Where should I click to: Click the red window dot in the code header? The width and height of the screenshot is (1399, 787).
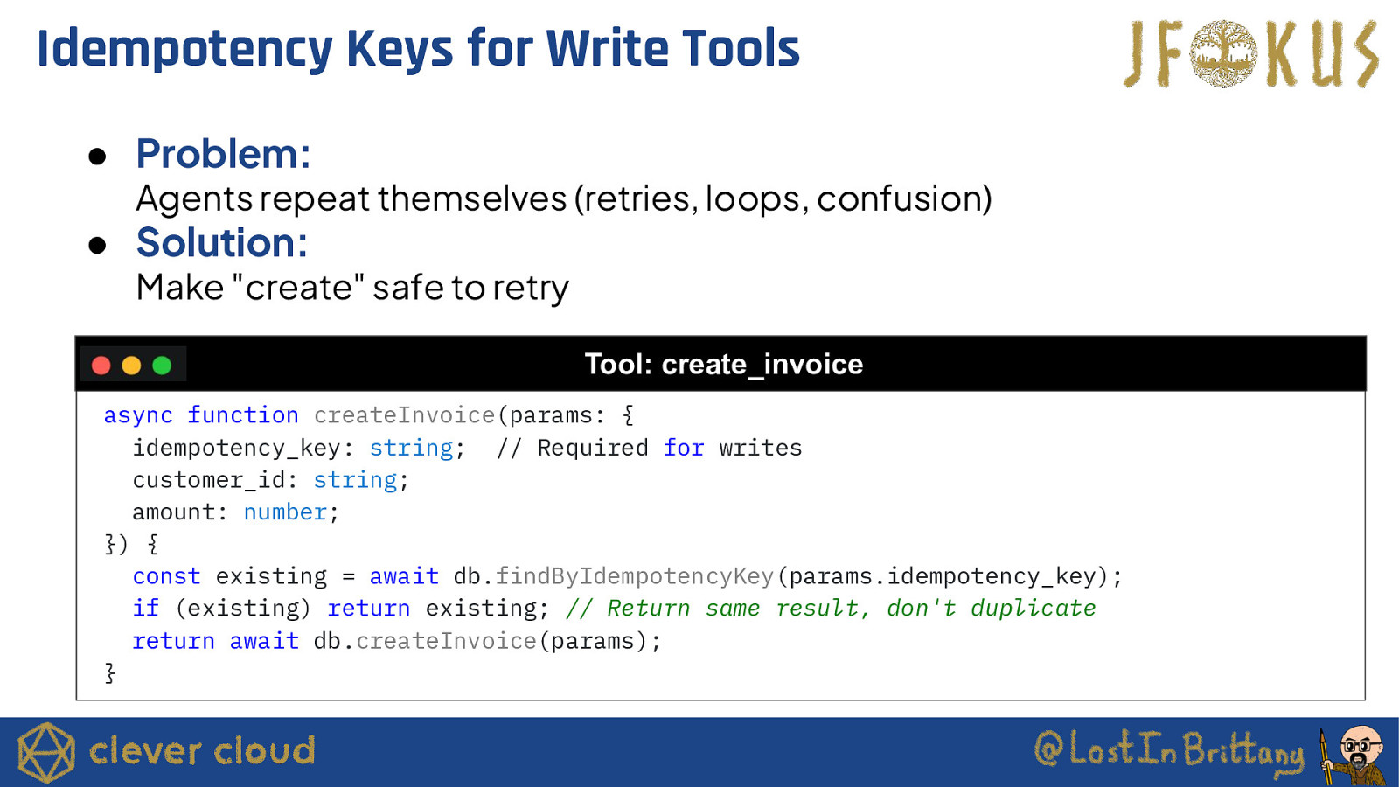101,366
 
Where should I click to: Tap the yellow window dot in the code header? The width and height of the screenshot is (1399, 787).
131,366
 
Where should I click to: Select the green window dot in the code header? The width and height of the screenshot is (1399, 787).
162,366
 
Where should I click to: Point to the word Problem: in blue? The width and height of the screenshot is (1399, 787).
223,154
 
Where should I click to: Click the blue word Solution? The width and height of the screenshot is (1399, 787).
222,242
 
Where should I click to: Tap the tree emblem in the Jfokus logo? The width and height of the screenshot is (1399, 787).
1223,53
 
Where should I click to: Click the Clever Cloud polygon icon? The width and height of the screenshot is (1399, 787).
46,753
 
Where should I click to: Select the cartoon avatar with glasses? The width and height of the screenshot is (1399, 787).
1354,755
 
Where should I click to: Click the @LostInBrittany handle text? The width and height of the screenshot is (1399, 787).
1169,749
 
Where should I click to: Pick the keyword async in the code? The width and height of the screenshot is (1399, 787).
138,415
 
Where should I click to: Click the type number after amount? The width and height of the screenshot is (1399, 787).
285,512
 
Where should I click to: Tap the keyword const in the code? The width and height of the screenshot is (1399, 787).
166,576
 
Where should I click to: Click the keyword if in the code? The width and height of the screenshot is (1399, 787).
145,609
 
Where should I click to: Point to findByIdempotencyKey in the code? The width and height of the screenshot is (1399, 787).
635,576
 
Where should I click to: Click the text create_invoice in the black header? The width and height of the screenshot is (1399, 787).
762,364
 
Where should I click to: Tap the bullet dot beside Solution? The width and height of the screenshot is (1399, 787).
97,245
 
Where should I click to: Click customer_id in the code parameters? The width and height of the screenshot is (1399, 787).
209,480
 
